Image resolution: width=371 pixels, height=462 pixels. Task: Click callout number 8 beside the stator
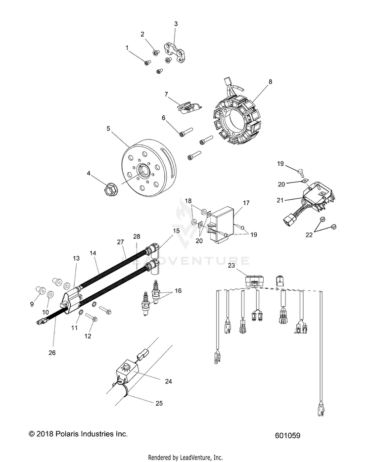pos(270,82)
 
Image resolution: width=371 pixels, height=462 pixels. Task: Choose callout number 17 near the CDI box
pos(246,203)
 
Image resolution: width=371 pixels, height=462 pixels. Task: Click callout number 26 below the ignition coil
pos(52,353)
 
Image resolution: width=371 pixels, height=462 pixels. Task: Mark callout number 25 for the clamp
pos(159,403)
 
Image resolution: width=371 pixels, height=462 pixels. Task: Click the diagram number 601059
pos(288,436)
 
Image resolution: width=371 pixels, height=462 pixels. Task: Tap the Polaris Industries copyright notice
pos(78,434)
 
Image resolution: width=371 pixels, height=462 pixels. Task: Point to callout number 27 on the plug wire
pos(119,242)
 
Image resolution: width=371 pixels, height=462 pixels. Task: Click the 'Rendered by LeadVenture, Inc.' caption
pos(185,458)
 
